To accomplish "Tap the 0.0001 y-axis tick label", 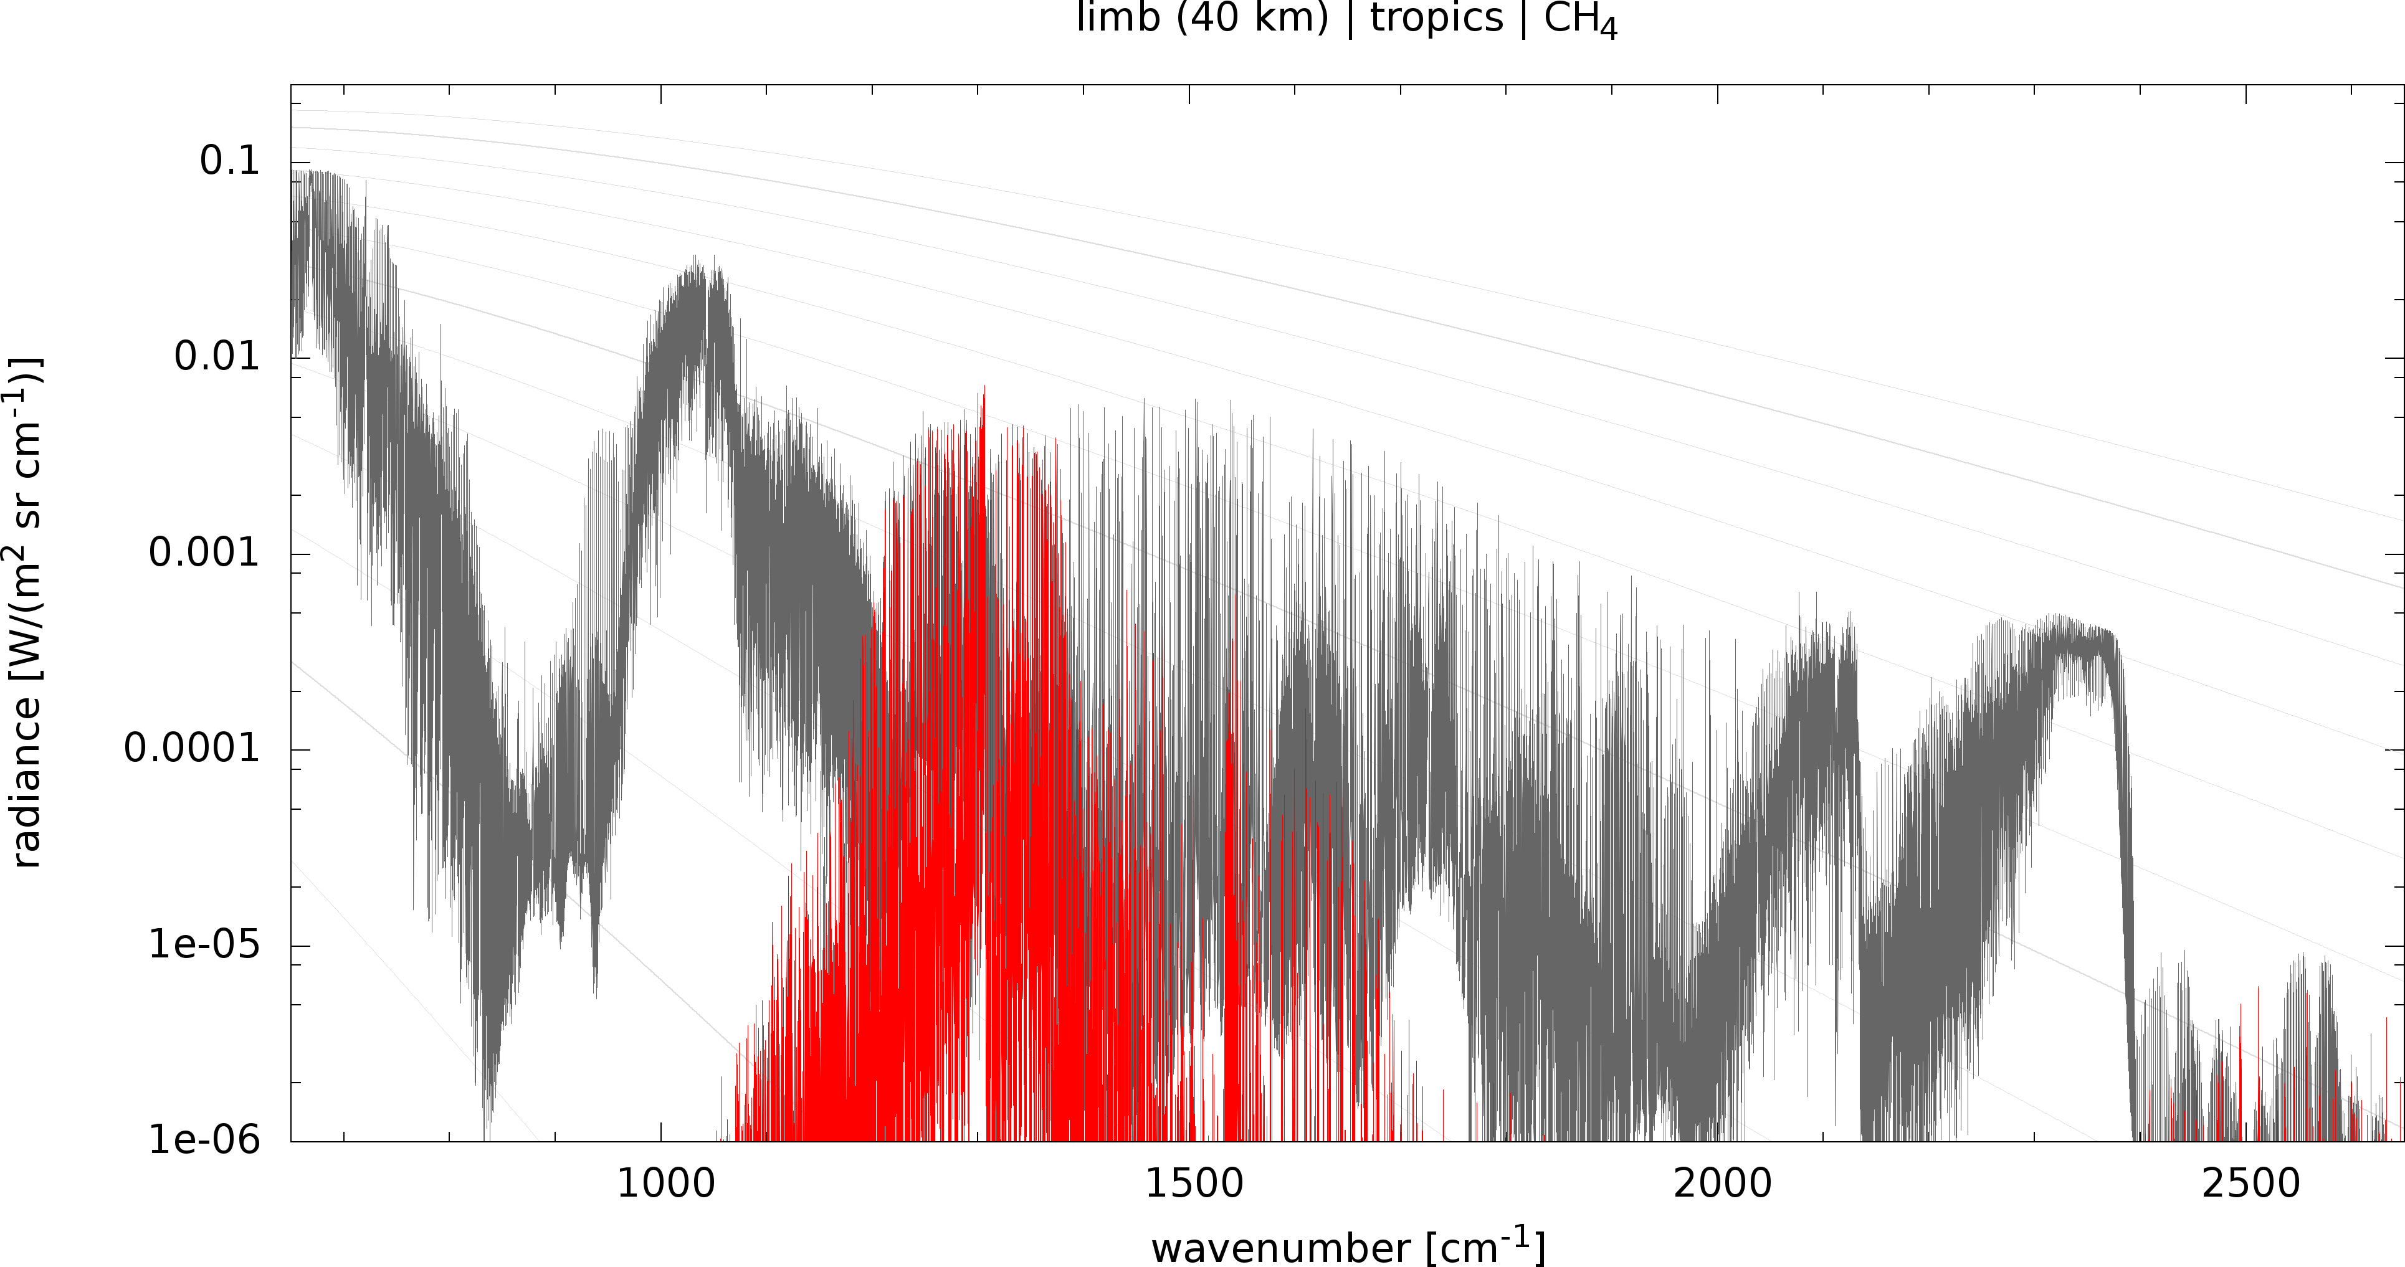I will tap(191, 749).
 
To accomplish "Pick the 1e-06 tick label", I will tap(204, 1140).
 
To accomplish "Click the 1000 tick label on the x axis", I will tap(665, 1184).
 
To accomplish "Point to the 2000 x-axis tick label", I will tap(1723, 1184).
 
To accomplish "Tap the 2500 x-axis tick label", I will tap(2251, 1184).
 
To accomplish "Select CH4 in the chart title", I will tap(1579, 21).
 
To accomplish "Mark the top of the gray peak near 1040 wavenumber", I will tap(695, 257).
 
